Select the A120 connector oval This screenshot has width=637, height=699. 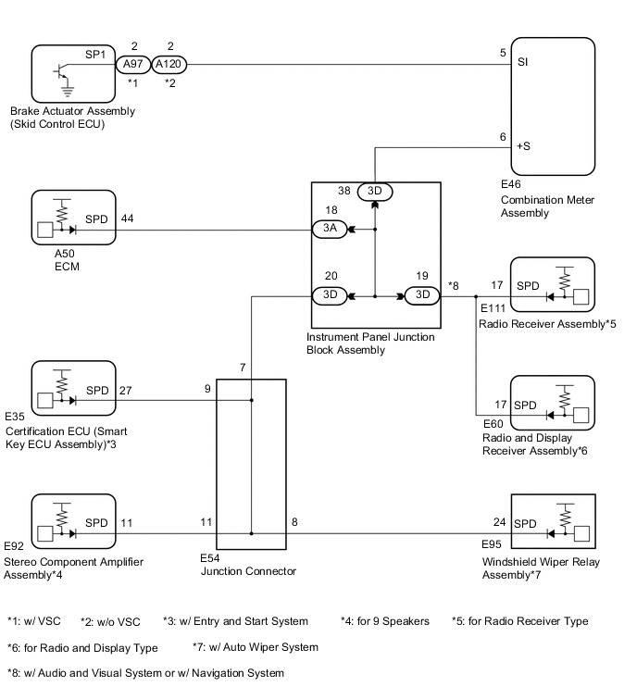pos(169,65)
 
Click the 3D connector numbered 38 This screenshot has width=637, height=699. pos(375,192)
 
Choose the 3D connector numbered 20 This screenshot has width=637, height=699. pos(331,296)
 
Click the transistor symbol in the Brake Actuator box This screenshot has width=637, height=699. pos(61,71)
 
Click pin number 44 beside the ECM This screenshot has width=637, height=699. pos(128,218)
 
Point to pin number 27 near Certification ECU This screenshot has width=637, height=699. pos(126,390)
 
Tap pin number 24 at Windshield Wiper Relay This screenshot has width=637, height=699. pos(499,521)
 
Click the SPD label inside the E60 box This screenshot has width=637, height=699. pos(526,406)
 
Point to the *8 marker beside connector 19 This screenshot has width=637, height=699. pos(454,285)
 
